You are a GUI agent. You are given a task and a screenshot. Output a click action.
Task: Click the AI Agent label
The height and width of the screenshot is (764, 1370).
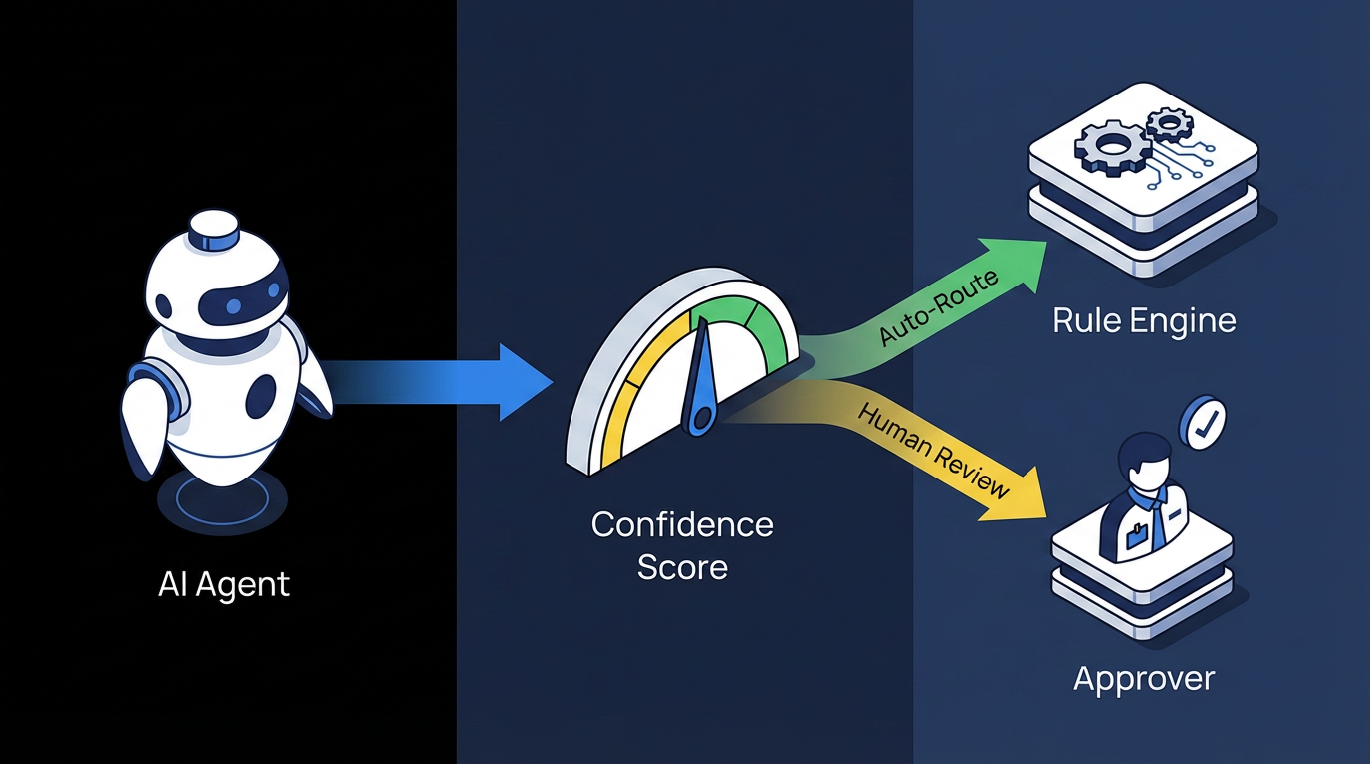point(224,584)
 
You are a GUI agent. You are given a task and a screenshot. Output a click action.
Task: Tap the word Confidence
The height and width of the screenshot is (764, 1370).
point(682,525)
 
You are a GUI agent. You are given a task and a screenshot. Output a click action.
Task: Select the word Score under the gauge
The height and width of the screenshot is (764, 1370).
point(683,567)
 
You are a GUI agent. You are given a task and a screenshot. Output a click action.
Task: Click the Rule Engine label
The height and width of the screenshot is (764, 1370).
point(1144,321)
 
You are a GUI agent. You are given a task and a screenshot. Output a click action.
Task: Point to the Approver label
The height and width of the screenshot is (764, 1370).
point(1144,679)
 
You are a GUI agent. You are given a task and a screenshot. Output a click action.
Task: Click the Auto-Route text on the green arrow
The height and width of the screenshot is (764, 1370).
point(938,307)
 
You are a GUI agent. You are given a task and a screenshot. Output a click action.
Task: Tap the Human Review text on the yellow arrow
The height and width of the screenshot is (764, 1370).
point(932,452)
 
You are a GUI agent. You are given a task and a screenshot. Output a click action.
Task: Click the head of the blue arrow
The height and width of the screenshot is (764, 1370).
point(525,382)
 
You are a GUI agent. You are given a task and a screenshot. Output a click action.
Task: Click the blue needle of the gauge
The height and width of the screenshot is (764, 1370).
point(701,378)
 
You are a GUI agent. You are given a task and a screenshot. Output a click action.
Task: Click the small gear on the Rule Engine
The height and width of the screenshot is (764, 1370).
point(1169,124)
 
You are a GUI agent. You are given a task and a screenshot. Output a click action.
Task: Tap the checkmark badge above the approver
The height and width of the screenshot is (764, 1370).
point(1203,423)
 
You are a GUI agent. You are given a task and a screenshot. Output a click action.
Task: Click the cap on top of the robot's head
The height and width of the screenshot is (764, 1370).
point(213,231)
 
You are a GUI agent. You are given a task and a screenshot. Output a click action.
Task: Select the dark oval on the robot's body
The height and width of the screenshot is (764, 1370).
point(261,396)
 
